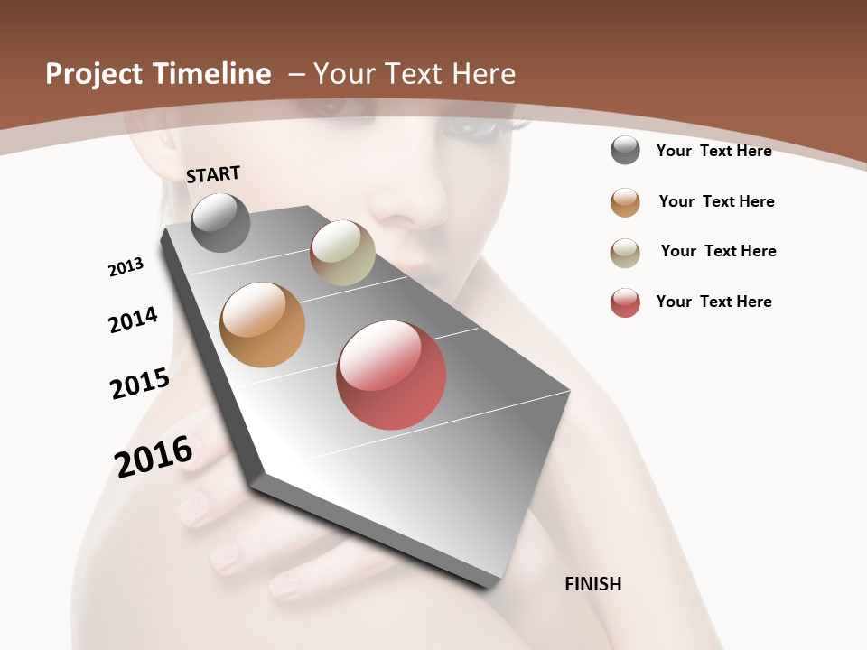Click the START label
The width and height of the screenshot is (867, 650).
pos(213,174)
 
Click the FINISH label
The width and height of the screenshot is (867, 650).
pos(592,584)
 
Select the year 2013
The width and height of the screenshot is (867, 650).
pos(126,267)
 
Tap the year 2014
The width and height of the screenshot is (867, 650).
pos(133,320)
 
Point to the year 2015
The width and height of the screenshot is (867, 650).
pos(140,383)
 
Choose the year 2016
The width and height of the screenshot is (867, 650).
pos(154,456)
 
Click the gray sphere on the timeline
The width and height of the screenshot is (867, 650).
pos(220,222)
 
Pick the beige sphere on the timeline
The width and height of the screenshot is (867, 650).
pos(342,253)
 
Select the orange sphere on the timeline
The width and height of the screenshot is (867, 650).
pos(263,325)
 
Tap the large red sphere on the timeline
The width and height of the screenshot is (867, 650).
pos(391,375)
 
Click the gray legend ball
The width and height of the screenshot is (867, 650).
pos(625,151)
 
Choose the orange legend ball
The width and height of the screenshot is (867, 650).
pos(625,202)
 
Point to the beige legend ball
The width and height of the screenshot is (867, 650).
pos(625,253)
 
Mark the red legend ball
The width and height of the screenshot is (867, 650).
pos(625,302)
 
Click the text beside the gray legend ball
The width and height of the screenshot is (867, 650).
pos(713,151)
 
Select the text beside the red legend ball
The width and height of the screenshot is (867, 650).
pos(713,302)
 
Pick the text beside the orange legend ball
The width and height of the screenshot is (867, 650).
pos(716,201)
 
